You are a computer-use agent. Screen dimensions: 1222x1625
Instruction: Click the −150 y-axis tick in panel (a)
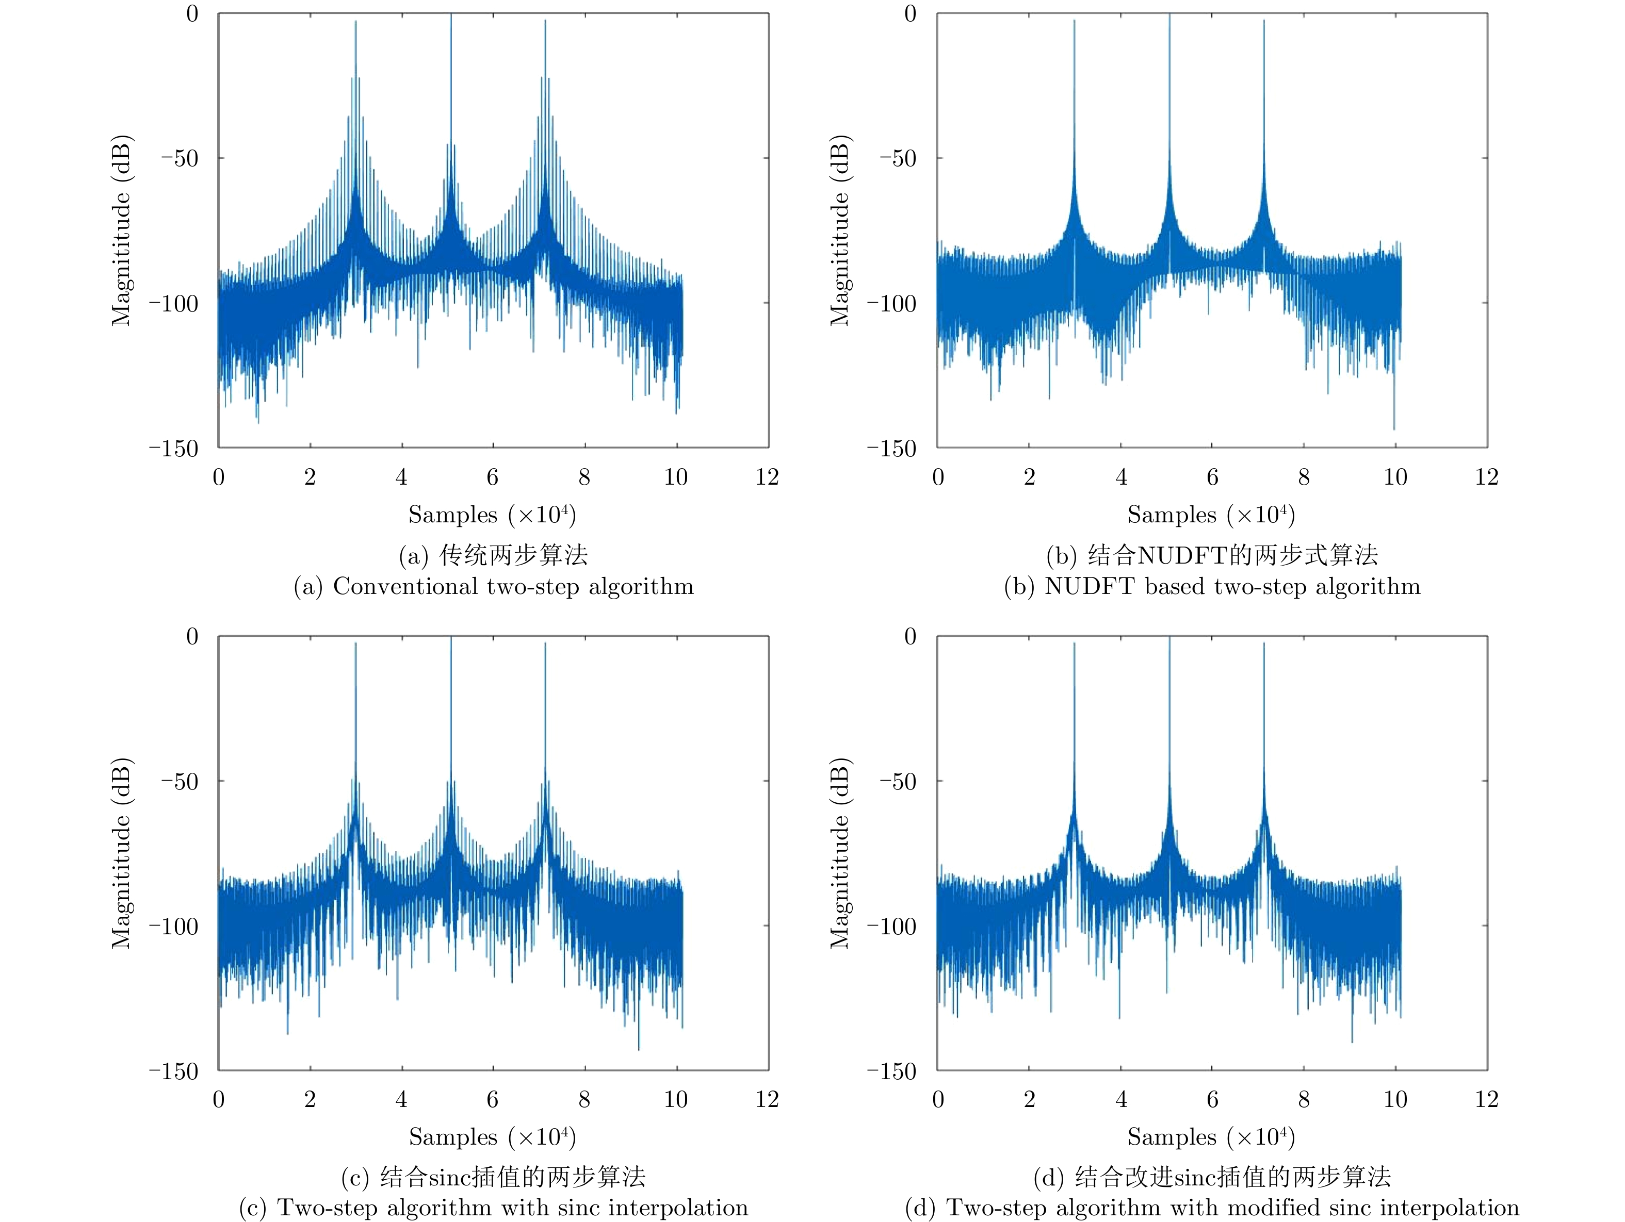click(174, 449)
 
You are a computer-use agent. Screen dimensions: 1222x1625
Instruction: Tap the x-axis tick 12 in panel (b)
click(1486, 477)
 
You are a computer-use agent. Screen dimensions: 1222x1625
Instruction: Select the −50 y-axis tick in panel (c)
click(180, 781)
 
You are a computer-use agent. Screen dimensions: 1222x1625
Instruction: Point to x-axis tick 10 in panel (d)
click(1395, 1099)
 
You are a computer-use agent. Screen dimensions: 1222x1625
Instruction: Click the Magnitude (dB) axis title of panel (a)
click(121, 230)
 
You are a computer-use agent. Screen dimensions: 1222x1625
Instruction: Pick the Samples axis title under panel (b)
click(1211, 515)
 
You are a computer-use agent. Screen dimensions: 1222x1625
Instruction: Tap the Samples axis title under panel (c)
click(492, 1137)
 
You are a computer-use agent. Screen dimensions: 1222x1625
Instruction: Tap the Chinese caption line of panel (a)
click(493, 555)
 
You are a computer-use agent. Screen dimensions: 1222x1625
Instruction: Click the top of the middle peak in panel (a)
click(451, 14)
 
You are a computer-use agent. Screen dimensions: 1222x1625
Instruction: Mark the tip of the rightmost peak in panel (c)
click(546, 643)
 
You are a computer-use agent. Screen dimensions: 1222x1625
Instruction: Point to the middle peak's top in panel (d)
click(1169, 637)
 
